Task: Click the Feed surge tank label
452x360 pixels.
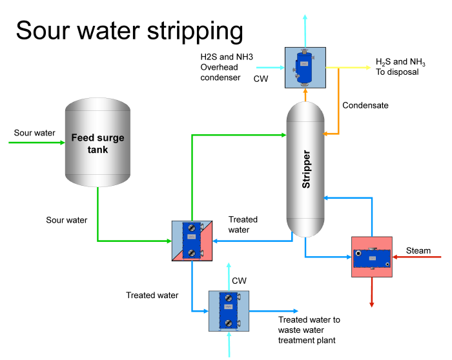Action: (x=98, y=143)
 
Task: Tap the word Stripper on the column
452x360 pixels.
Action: (x=306, y=169)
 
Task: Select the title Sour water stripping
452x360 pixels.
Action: (x=129, y=30)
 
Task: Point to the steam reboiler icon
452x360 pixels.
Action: (x=372, y=257)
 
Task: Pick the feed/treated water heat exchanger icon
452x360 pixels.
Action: (x=192, y=240)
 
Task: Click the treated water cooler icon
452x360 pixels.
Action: (x=229, y=310)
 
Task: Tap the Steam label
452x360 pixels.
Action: (x=418, y=250)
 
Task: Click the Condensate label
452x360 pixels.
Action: (x=365, y=105)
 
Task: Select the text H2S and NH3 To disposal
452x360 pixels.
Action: (x=400, y=67)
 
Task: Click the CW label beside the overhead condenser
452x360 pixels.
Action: (x=260, y=79)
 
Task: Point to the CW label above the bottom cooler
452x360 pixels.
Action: (x=239, y=281)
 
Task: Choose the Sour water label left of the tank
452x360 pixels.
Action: (x=35, y=133)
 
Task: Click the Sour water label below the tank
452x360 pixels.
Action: (x=67, y=220)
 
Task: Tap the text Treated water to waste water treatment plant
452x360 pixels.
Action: (x=309, y=330)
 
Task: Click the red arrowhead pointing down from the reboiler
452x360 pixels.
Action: (x=372, y=303)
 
